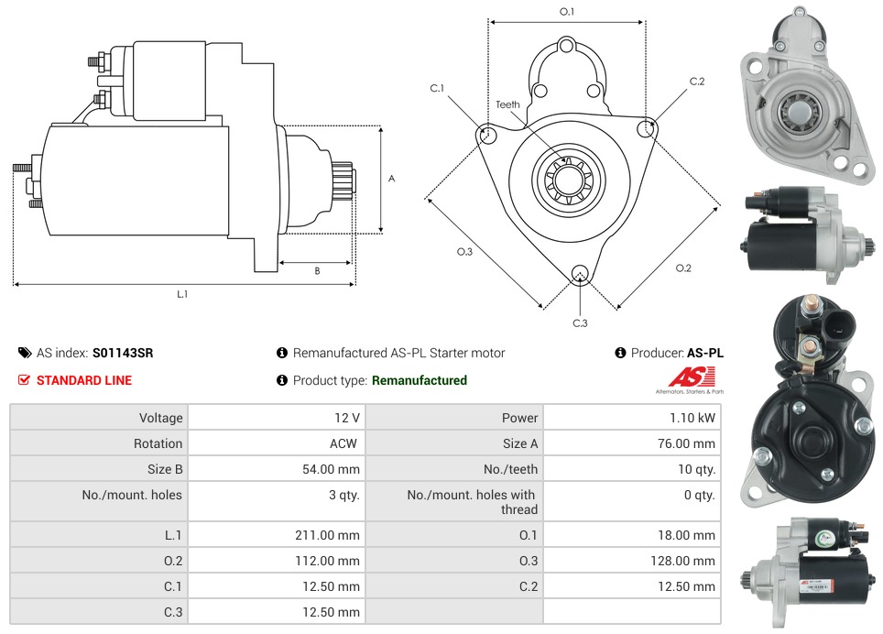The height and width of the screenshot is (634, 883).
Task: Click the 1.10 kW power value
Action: [x=693, y=418]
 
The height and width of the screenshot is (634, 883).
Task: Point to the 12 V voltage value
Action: [x=347, y=418]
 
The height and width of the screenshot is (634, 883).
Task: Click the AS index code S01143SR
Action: [x=123, y=353]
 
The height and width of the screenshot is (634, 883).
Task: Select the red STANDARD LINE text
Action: [x=83, y=380]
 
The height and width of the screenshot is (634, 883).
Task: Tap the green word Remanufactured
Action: [x=420, y=380]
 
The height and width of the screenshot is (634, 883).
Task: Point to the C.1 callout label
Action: [x=437, y=89]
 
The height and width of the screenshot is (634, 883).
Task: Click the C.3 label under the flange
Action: [x=580, y=322]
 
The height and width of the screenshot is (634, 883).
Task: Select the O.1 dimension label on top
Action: [x=567, y=12]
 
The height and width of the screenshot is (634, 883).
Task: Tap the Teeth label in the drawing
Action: [x=507, y=104]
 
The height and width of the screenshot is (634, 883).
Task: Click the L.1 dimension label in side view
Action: [x=182, y=294]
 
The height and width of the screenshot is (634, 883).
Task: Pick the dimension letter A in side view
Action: [x=392, y=179]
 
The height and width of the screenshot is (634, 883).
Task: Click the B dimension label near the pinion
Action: [x=317, y=271]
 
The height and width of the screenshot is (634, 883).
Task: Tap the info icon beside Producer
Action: [x=621, y=353]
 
